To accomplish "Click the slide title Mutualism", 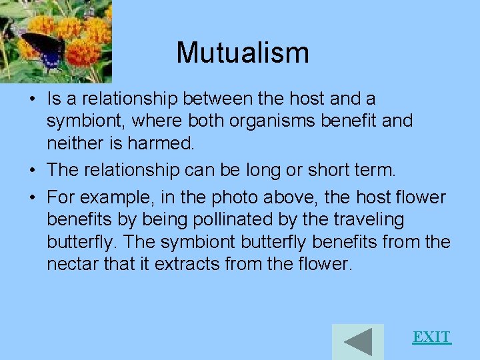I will (x=243, y=53).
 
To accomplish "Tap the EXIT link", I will (x=431, y=337).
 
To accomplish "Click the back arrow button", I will (x=358, y=341).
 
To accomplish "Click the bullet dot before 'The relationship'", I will (x=32, y=170).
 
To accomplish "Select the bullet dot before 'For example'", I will (x=32, y=198).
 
